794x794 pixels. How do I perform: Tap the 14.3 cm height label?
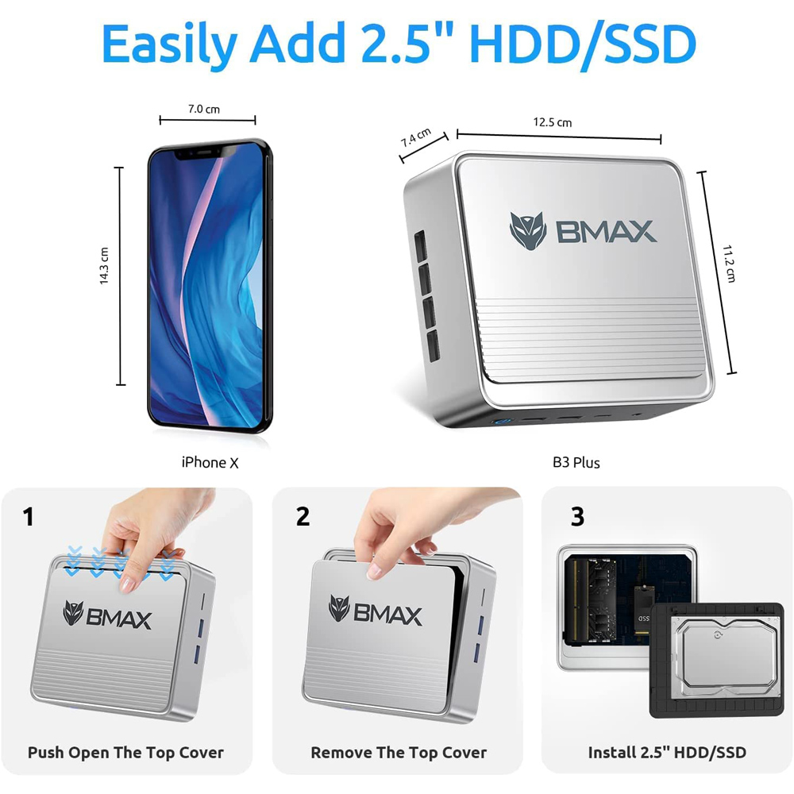[104, 266]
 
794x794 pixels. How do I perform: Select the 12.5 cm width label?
[552, 122]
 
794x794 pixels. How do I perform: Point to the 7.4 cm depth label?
[415, 137]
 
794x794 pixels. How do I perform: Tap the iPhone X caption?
[210, 462]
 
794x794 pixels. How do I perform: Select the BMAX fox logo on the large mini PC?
[528, 231]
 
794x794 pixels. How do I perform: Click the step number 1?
[29, 518]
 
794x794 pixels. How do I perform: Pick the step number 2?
[303, 517]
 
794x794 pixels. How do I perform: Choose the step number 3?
[577, 517]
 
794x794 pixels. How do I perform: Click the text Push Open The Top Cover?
[125, 752]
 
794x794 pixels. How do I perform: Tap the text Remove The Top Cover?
[399, 752]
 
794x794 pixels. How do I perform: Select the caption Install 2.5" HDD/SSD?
[667, 752]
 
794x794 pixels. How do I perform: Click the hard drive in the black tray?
[717, 659]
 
